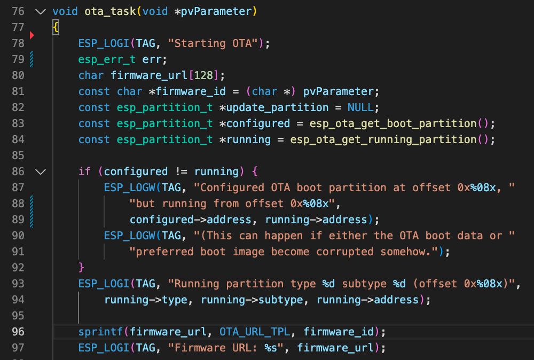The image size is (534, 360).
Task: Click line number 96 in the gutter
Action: tap(18, 332)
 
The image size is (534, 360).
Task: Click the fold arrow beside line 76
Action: tap(40, 11)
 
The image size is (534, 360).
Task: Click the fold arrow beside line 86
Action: tap(40, 171)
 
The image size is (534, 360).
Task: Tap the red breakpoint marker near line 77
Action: tap(32, 35)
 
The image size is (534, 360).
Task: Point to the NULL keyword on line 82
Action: tap(360, 107)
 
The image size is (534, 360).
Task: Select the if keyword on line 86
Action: tap(84, 171)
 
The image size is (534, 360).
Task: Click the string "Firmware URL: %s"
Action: tap(228, 348)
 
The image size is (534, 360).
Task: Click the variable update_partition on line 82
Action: tap(277, 107)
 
